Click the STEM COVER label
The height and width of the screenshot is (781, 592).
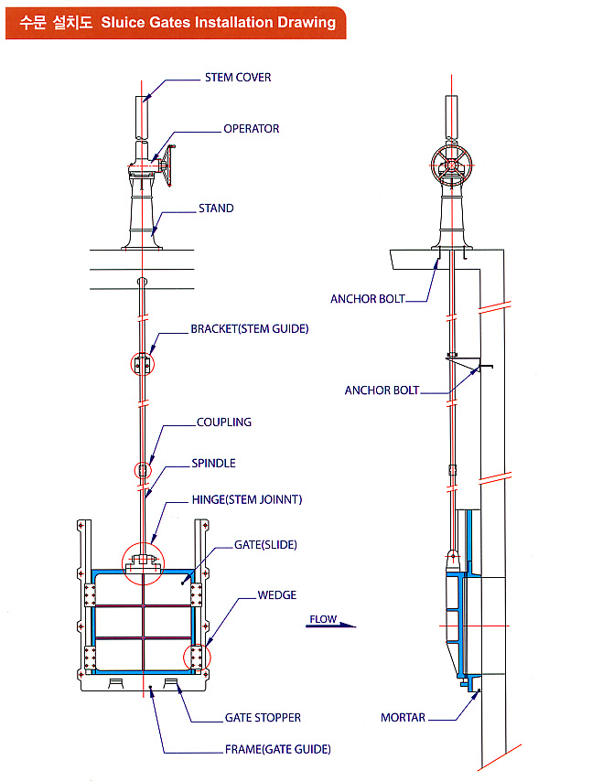(x=238, y=78)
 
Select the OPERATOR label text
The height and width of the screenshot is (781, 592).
(x=252, y=129)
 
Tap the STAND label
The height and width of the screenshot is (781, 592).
(x=216, y=209)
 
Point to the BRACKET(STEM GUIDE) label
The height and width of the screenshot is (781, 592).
(x=249, y=329)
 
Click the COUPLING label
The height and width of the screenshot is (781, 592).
(x=224, y=423)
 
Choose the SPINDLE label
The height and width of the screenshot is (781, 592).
(x=214, y=464)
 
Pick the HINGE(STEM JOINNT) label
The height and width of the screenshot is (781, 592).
(x=247, y=499)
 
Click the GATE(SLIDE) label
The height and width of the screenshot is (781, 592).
(x=266, y=545)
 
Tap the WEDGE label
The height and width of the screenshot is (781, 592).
(x=277, y=595)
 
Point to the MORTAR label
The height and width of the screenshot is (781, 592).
(x=403, y=718)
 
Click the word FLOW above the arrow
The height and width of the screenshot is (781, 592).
(x=323, y=619)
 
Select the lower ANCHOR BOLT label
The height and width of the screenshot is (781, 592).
(x=382, y=390)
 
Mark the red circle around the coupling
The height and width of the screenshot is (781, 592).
(x=142, y=470)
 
